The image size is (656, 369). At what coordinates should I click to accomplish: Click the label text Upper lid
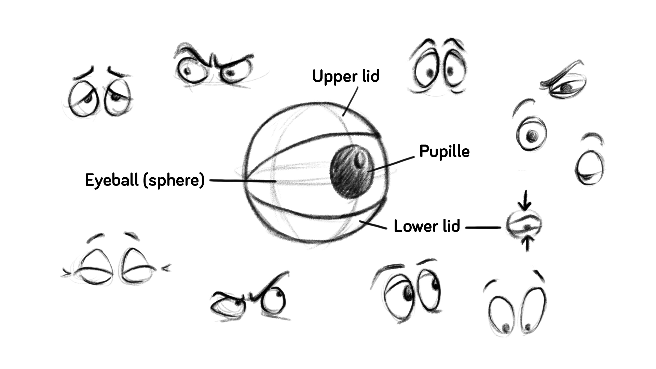pos(345,76)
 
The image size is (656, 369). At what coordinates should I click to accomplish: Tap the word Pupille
pos(444,151)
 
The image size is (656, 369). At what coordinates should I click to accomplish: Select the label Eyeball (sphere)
pos(145,180)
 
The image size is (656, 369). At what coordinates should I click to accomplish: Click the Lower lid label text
pos(427,226)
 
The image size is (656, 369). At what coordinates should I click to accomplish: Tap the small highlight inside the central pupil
pos(360,159)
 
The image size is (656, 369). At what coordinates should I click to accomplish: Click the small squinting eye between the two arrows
pos(524,224)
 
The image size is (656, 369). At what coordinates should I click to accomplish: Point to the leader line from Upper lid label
pos(350,101)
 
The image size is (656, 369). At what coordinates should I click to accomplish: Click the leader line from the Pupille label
pos(393,164)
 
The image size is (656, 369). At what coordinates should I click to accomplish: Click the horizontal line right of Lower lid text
pos(483,227)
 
